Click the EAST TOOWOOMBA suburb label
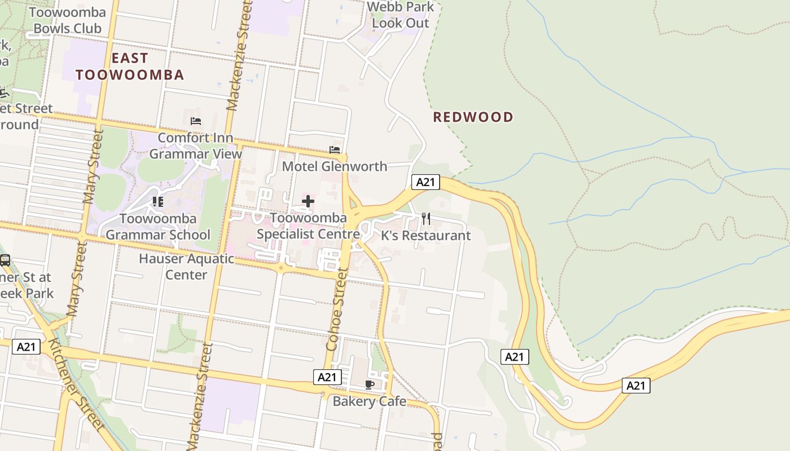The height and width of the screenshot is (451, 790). coord(130,67)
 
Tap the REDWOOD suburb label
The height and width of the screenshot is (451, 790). coord(473,117)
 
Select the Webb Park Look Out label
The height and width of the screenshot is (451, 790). coord(401,15)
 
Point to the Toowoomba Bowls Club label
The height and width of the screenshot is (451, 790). coord(67,20)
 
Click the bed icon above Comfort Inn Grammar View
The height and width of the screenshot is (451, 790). coord(196,121)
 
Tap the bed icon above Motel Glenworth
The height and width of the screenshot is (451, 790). coord(335,150)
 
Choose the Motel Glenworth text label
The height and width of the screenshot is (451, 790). coord(334,166)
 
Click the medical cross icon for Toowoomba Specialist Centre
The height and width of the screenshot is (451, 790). coord(308,201)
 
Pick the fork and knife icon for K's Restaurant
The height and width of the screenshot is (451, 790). coord(426,219)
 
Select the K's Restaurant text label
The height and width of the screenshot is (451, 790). coord(425,236)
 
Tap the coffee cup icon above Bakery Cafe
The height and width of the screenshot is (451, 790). coord(370,384)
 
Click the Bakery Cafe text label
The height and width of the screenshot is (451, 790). coord(369,401)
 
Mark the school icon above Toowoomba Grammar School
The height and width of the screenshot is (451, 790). coord(158,201)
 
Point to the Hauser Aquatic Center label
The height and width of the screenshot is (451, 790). coord(186,267)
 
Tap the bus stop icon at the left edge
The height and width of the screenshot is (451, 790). coord(5,260)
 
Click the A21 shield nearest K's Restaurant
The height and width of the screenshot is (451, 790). coord(425,182)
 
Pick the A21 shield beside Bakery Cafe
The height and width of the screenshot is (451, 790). coord(327,377)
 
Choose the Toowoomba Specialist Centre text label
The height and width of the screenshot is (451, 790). coord(308,225)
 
